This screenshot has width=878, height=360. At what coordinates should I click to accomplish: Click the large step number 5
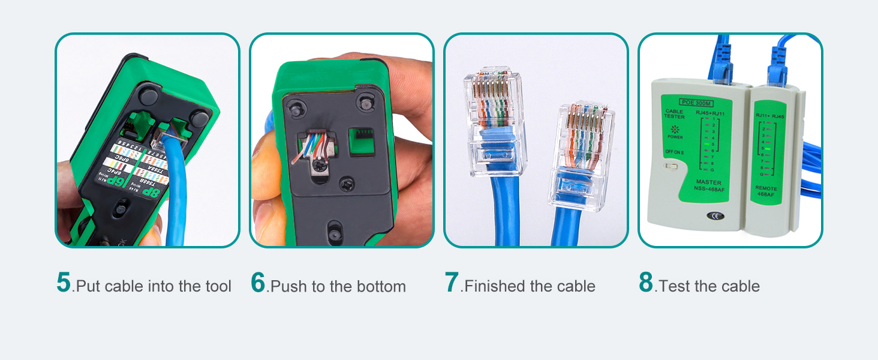64,283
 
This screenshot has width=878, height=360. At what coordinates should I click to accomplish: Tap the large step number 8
646,283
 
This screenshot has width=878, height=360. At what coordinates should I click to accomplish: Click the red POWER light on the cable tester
674,129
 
